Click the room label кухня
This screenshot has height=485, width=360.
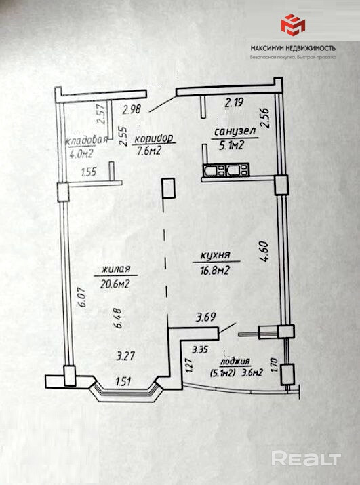[x=216, y=255]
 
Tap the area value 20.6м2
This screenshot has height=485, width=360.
[x=115, y=284]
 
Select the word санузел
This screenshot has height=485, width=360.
[x=235, y=132]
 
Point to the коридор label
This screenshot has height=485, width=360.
[x=154, y=138]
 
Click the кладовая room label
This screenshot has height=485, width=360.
[x=87, y=140]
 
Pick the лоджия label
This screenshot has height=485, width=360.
[x=235, y=361]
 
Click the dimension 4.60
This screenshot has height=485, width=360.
[x=265, y=252]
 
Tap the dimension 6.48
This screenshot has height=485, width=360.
[x=119, y=318]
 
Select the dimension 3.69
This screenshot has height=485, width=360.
[x=205, y=317]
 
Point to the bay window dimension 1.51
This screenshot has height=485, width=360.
[x=123, y=382]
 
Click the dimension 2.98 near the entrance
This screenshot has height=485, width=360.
[x=132, y=109]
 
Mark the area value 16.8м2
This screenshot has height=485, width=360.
[x=215, y=271]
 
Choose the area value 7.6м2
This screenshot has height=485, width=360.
[x=149, y=151]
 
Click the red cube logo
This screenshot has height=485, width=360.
[x=293, y=24]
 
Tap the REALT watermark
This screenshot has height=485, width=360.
[x=306, y=459]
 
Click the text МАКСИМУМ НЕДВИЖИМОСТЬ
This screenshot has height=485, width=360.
[x=293, y=48]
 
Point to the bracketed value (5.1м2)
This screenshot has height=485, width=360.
[x=222, y=373]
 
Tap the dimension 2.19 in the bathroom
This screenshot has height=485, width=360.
[x=235, y=102]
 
